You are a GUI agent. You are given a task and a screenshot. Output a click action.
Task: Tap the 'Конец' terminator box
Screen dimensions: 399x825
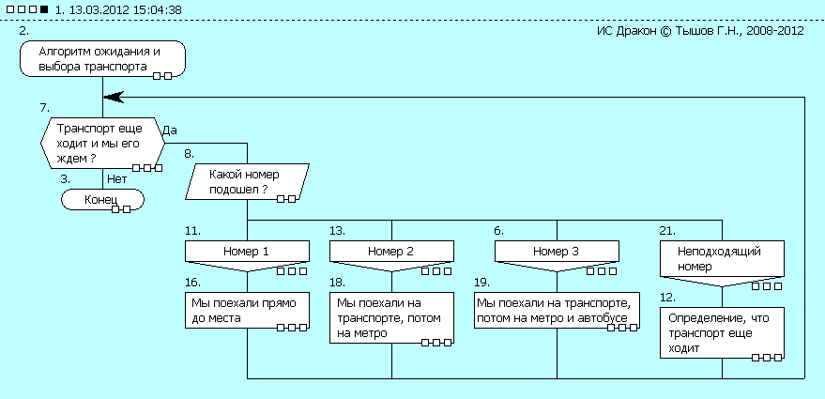pyautogui.click(x=101, y=200)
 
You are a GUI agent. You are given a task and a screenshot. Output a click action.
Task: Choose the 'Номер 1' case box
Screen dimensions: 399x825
pyautogui.click(x=247, y=253)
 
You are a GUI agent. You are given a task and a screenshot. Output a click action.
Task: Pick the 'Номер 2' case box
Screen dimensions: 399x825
pyautogui.click(x=391, y=253)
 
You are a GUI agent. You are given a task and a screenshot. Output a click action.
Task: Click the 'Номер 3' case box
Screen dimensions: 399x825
pyautogui.click(x=557, y=253)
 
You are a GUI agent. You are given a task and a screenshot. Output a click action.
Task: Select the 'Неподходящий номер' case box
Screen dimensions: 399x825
pyautogui.click(x=722, y=259)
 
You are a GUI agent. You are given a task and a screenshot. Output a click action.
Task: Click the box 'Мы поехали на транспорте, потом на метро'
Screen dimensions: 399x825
pyautogui.click(x=391, y=317)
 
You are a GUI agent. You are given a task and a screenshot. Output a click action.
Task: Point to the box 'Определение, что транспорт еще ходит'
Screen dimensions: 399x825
pyautogui.click(x=722, y=333)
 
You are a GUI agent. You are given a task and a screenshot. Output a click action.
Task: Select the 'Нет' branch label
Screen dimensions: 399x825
pyautogui.click(x=117, y=177)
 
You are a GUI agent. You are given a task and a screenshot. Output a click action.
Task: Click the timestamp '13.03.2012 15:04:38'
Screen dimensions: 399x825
pyautogui.click(x=119, y=10)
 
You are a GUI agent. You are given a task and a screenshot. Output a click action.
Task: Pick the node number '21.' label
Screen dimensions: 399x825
pyautogui.click(x=667, y=230)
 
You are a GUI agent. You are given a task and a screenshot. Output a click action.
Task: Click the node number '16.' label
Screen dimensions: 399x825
pyautogui.click(x=193, y=281)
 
